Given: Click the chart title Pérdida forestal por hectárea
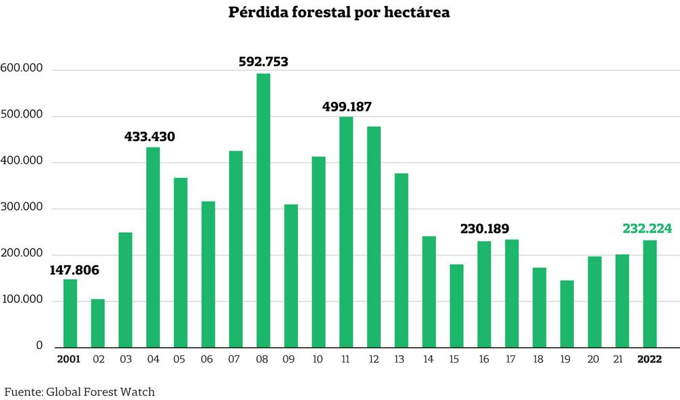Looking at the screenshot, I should (339, 14).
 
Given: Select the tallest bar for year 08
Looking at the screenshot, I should (263, 211).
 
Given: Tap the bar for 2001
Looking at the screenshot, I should (70, 313).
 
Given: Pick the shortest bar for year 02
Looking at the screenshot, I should (98, 323).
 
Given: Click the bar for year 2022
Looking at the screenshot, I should (649, 293).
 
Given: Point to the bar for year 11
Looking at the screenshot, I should (346, 232).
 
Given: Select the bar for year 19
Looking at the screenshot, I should (567, 314).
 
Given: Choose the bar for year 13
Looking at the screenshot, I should (401, 261).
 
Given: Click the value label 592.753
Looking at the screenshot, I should (263, 62).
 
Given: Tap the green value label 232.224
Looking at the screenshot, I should (647, 229).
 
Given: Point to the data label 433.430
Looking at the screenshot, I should (150, 137).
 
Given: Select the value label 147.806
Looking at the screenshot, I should (74, 270).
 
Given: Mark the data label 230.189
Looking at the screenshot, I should (484, 229).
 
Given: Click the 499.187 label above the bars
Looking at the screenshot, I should (347, 107).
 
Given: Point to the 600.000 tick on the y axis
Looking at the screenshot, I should (22, 69).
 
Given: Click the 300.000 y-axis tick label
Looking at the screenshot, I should (22, 208).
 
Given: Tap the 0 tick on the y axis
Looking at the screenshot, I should (39, 346).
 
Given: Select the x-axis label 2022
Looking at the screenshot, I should (649, 359).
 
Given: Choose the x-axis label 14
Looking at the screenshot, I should (428, 359).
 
